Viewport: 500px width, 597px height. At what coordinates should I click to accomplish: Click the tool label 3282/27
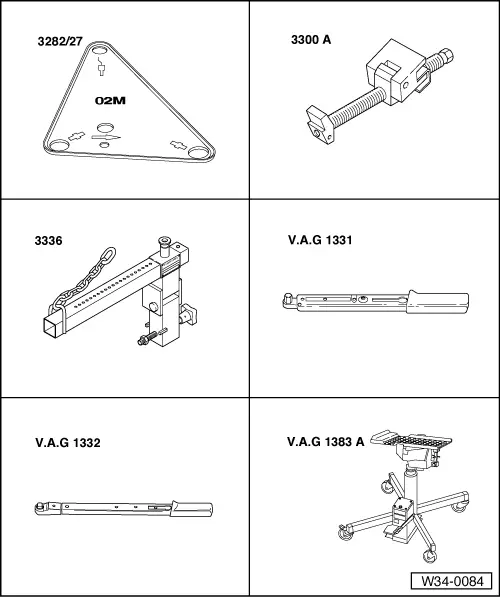tap(60, 41)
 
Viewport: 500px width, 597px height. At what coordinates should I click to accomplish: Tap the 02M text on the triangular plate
tap(110, 101)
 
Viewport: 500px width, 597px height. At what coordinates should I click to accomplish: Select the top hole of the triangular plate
tap(100, 51)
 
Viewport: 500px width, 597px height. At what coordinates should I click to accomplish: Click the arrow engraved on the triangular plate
tap(106, 137)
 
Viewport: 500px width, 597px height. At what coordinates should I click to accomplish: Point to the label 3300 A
tap(311, 40)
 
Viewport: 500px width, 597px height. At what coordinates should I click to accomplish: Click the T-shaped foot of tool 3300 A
tap(321, 124)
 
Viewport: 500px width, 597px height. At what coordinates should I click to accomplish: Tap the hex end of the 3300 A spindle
tap(446, 56)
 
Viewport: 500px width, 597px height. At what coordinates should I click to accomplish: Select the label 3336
tap(48, 241)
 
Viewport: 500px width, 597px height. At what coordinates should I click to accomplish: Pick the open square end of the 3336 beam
tap(52, 327)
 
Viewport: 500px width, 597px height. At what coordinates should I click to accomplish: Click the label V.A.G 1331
tap(320, 240)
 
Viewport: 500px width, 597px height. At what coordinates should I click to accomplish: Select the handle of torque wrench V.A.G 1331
tap(438, 302)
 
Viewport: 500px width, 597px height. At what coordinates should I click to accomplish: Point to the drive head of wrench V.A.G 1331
tap(289, 299)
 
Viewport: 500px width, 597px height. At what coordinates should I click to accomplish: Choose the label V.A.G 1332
tap(68, 443)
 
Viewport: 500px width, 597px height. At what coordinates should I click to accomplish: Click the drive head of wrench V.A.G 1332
tap(40, 508)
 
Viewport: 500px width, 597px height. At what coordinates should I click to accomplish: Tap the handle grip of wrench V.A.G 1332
tap(192, 509)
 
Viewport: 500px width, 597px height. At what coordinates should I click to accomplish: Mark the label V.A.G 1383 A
tap(326, 442)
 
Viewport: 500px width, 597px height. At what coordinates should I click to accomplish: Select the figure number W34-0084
tap(452, 581)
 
